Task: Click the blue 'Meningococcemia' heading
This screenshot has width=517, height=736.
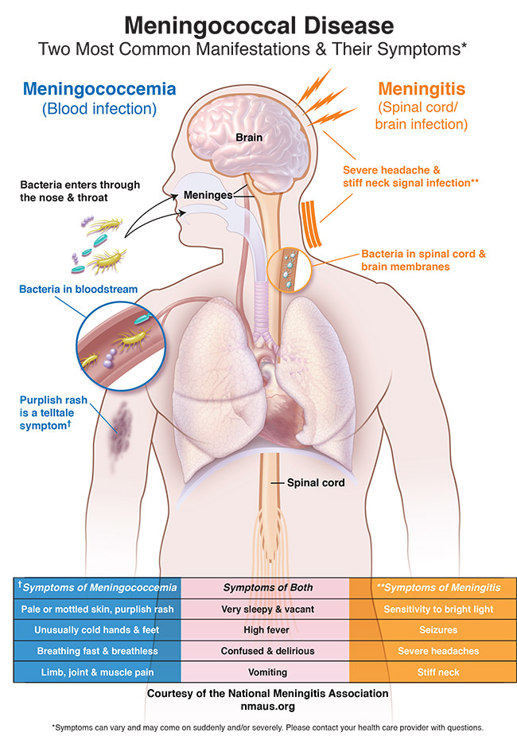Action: (x=99, y=88)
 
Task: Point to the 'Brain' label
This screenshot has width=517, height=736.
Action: (x=249, y=138)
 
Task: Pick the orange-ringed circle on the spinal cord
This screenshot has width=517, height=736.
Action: (x=286, y=268)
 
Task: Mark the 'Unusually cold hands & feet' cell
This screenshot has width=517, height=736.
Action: (x=96, y=629)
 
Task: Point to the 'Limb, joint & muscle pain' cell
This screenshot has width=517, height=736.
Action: (x=96, y=671)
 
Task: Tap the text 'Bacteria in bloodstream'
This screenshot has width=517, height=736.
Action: (x=80, y=289)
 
